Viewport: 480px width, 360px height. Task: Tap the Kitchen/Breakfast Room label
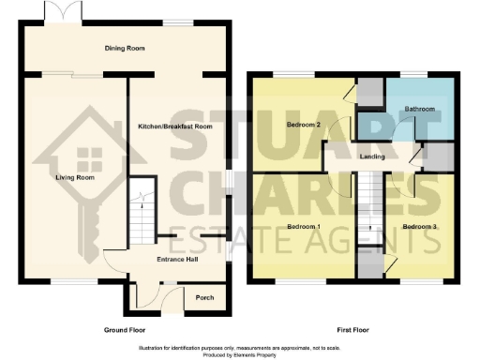[174, 127]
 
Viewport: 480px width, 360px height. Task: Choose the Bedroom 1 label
[304, 227]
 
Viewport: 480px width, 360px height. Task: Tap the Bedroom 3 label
[421, 227]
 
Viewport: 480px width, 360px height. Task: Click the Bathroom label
[420, 109]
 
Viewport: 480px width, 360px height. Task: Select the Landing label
[372, 157]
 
